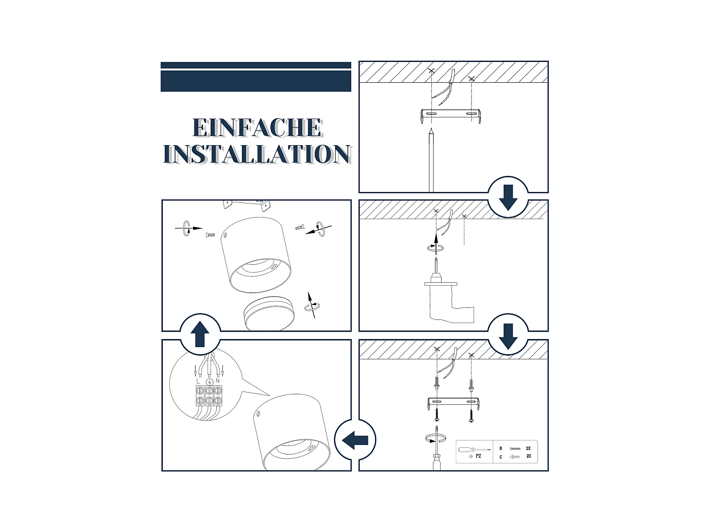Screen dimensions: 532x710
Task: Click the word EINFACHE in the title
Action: [257, 128]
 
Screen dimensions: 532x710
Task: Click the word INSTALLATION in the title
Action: [257, 154]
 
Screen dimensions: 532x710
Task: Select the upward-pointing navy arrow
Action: [200, 334]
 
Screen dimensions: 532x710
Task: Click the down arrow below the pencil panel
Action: [508, 197]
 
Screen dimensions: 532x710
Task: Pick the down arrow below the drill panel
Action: [508, 336]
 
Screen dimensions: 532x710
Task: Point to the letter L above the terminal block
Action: [198, 381]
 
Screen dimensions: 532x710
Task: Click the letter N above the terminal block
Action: [218, 381]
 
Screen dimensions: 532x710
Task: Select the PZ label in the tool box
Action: [479, 456]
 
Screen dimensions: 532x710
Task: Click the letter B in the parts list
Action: [501, 448]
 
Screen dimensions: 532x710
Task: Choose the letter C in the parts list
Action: [501, 457]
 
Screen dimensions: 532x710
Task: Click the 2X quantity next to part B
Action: [528, 448]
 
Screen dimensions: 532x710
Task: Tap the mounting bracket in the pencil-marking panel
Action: [451, 114]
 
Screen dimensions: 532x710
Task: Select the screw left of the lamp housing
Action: [210, 235]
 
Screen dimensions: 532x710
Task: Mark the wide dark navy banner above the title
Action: [256, 81]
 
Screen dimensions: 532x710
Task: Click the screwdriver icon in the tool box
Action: [473, 449]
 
